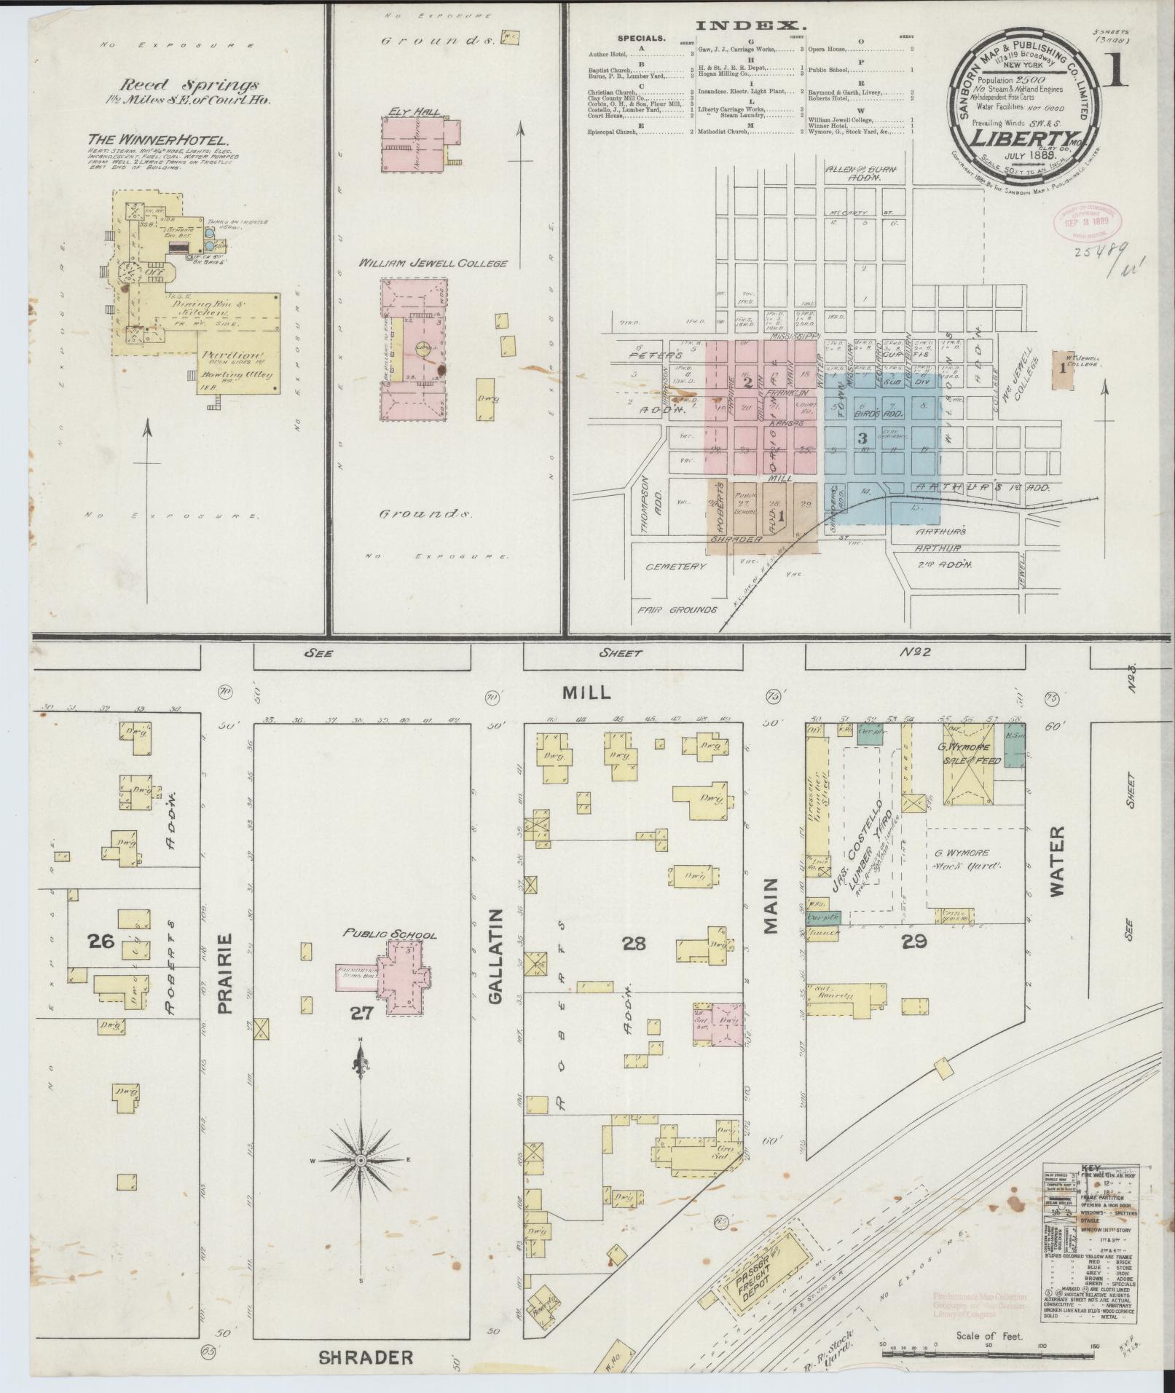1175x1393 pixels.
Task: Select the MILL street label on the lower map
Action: pos(586,692)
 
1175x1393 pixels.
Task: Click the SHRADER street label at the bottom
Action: pos(366,1357)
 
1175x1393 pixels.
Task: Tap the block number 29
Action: pos(913,941)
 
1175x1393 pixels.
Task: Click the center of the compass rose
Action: pos(361,1179)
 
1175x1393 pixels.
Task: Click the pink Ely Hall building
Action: pos(420,143)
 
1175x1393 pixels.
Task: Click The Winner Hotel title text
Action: pos(158,138)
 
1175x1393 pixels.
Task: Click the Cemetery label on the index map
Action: pos(680,566)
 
